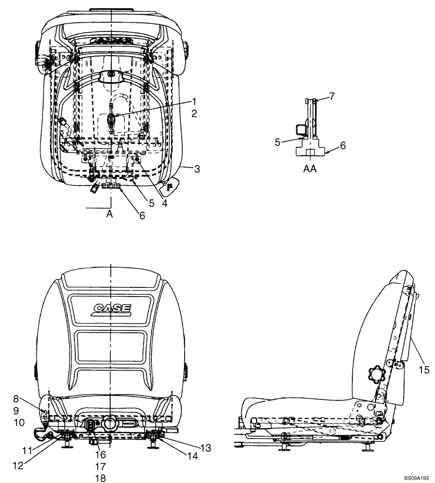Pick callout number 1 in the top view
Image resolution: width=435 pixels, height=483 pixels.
pyautogui.click(x=193, y=101)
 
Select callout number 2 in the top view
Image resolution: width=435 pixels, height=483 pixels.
pyautogui.click(x=193, y=114)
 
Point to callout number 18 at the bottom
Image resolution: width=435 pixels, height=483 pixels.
pyautogui.click(x=100, y=478)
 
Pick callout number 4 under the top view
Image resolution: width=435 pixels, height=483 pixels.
pyautogui.click(x=164, y=203)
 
